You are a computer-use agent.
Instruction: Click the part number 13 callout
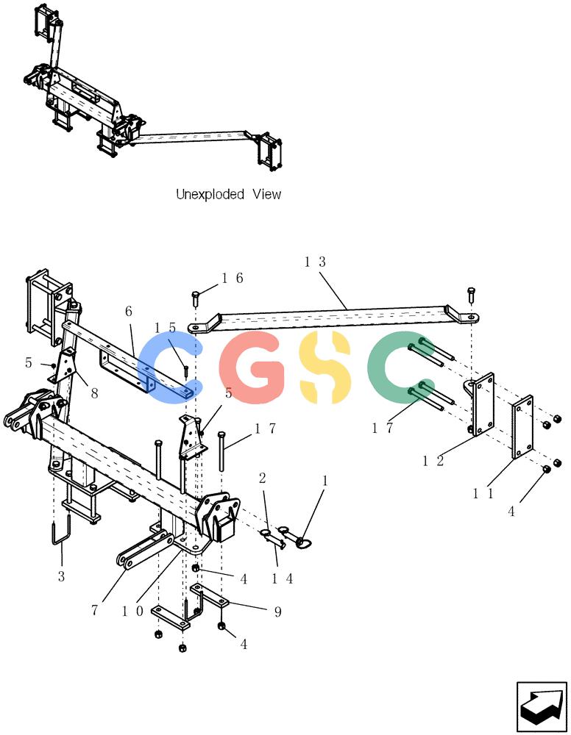click(314, 262)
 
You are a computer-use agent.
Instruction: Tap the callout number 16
click(233, 279)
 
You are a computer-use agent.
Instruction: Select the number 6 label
click(129, 311)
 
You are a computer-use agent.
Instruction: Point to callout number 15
click(165, 328)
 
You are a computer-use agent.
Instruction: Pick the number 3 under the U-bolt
click(62, 576)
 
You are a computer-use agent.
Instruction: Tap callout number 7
click(95, 610)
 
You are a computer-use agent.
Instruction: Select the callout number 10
click(132, 612)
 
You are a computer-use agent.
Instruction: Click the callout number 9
click(277, 612)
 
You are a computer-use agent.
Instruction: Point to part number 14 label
click(283, 579)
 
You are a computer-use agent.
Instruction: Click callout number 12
click(433, 462)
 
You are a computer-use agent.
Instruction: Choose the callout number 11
click(483, 494)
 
